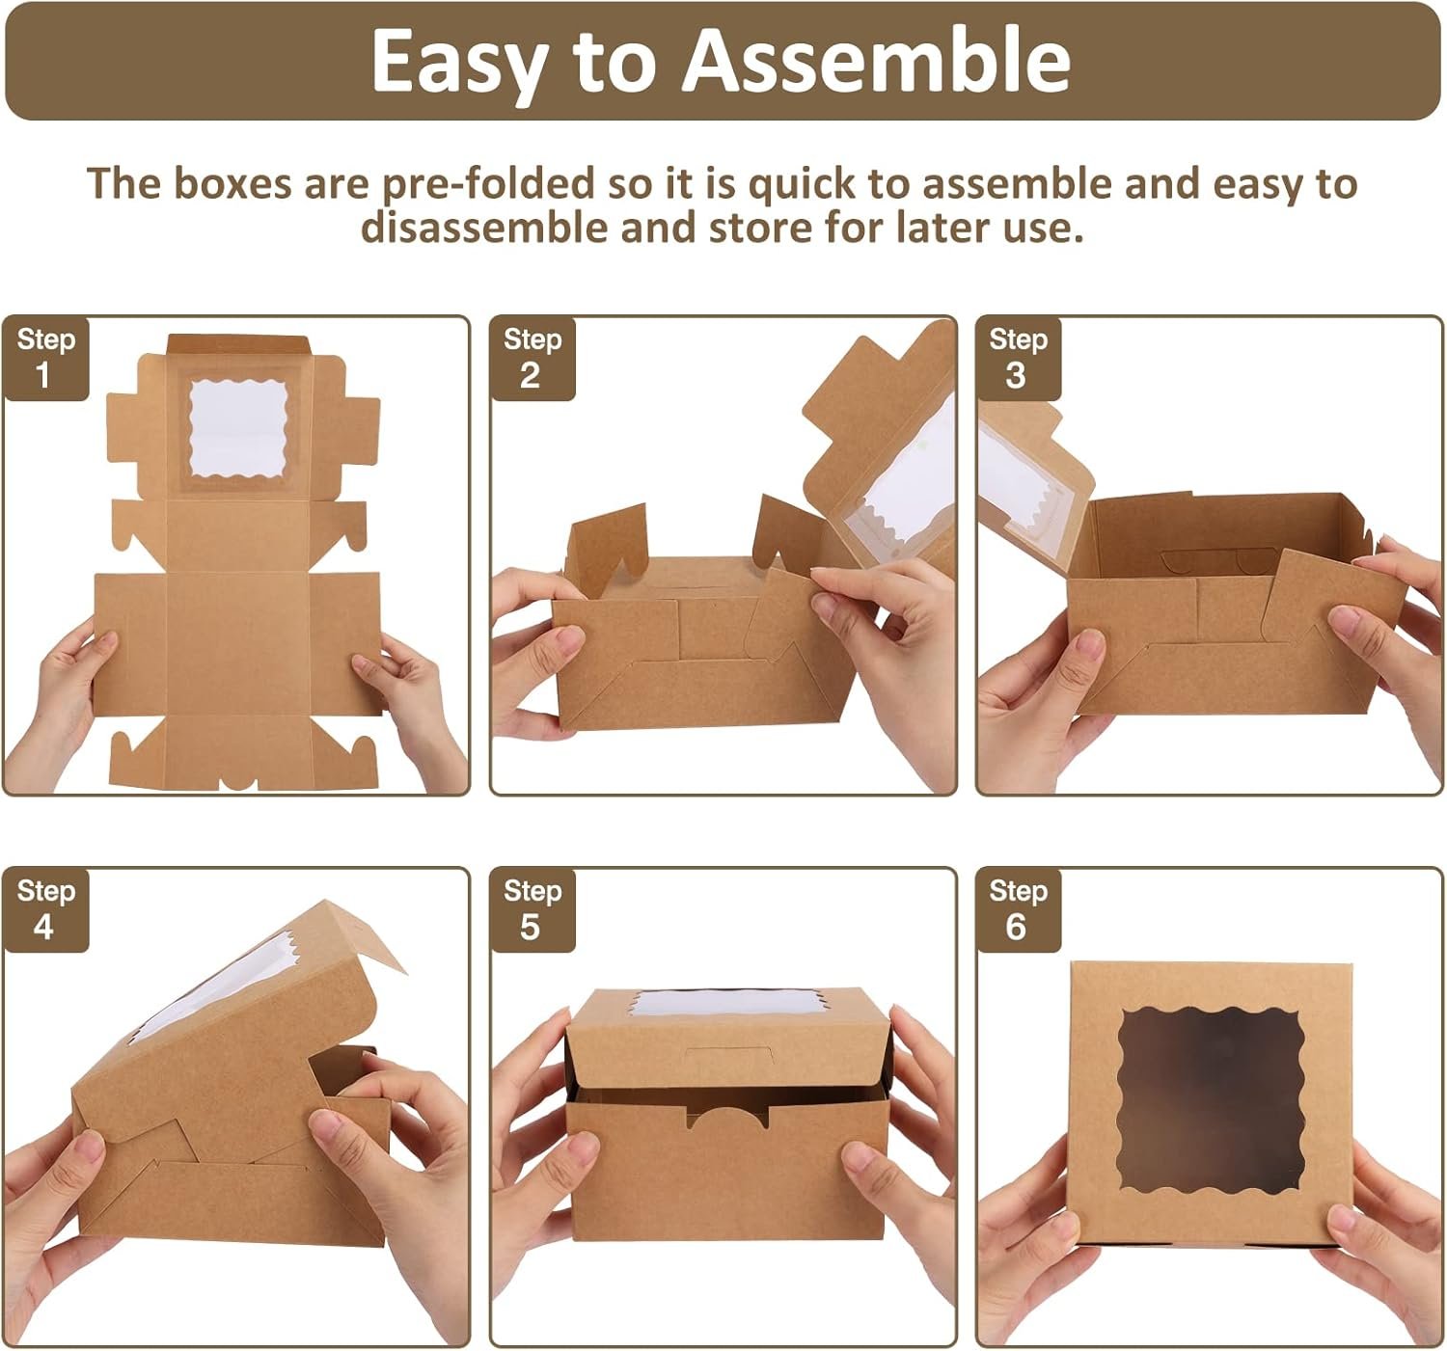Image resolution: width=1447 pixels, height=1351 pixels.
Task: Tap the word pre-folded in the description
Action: [489, 184]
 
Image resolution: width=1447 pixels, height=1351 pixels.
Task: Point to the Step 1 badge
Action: [46, 359]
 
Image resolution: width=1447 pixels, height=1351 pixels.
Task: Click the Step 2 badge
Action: [532, 359]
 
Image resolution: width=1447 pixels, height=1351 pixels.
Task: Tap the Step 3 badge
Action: [1019, 359]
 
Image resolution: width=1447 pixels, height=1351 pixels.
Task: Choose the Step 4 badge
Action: [46, 910]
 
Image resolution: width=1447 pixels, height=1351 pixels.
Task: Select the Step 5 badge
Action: [532, 910]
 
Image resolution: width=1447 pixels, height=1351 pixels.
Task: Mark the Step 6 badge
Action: [1019, 910]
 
